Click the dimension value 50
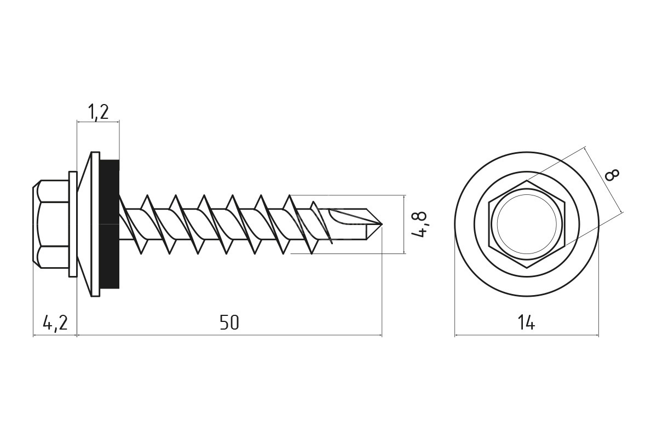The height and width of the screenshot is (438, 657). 229,322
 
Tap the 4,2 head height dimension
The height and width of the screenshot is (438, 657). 55,323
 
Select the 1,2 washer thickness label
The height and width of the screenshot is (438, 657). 98,112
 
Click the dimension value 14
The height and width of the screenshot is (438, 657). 526,323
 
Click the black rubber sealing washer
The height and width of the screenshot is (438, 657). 109,224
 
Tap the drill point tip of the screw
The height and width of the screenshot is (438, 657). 379,224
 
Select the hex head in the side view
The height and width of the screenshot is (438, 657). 51,224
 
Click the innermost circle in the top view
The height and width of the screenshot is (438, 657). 527,224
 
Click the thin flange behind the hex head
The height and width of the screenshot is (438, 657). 72,224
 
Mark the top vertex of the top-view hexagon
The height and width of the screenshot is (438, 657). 527,180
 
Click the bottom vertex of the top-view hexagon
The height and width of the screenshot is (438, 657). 527,268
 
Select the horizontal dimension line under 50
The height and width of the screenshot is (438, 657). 229,335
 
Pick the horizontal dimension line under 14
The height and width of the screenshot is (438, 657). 526,335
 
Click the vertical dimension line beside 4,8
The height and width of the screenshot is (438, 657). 404,224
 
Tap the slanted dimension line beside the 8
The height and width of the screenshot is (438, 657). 604,180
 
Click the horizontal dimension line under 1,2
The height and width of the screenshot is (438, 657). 98,123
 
